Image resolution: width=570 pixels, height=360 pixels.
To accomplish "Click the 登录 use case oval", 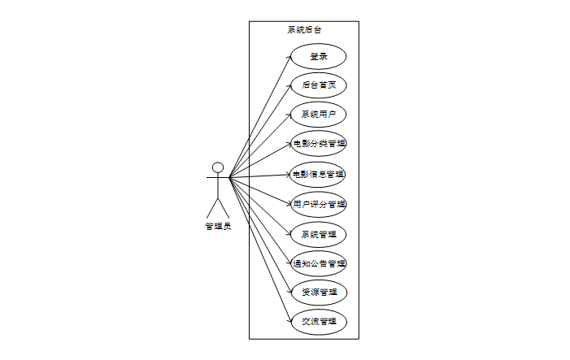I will coord(319,56).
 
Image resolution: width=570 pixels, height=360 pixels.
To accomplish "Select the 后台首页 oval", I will coord(319,85).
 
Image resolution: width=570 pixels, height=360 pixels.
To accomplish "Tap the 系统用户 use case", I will coord(319,114).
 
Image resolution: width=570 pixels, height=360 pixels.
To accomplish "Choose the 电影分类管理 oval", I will coord(320,144).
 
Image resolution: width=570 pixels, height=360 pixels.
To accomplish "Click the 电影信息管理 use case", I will coord(319,174).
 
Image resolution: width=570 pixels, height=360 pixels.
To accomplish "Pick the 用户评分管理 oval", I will coord(320,204).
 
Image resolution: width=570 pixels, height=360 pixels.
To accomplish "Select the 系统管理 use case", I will coord(319,234).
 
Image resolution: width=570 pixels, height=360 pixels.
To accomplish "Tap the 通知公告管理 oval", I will coord(320,263).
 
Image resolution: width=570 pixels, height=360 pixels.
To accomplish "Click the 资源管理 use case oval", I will coord(319,292).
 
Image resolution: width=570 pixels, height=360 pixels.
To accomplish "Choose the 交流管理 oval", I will coord(319,321).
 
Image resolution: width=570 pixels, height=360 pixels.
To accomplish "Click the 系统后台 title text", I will coord(304,30).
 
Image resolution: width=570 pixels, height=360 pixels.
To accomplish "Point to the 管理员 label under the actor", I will coord(218,226).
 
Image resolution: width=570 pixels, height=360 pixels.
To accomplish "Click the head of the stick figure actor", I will coord(218,168).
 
